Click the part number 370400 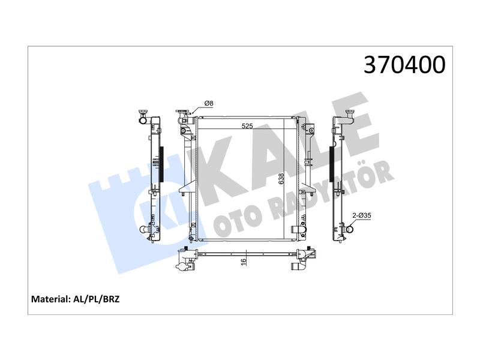tap(404, 65)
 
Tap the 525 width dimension tap(247, 126)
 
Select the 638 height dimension tap(281, 178)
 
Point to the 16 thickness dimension tap(244, 262)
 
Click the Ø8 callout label tap(208, 103)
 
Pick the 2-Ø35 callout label tap(362, 215)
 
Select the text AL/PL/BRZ tap(97, 299)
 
